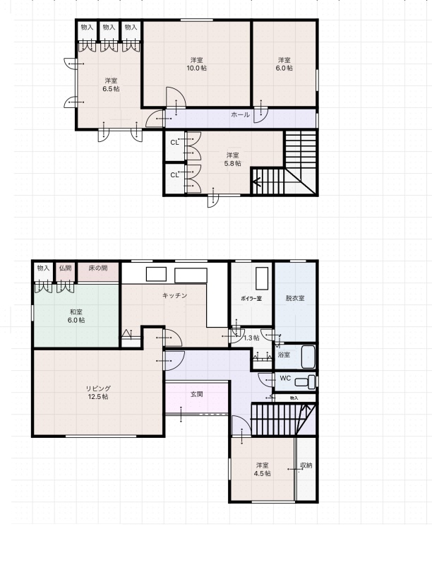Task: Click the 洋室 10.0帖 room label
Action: (196, 64)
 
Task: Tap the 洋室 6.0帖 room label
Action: (284, 64)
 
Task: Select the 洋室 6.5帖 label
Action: (111, 85)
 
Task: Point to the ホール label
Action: (240, 115)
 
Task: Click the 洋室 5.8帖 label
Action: (232, 160)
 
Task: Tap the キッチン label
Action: (174, 295)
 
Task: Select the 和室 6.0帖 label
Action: (76, 316)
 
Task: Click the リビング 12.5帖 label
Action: (98, 393)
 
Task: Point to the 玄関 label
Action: (196, 394)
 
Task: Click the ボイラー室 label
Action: (251, 298)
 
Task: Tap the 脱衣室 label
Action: (295, 298)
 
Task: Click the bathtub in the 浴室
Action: (308, 357)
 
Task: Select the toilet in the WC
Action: (305, 381)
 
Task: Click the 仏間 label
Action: (65, 268)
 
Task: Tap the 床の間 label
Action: (98, 268)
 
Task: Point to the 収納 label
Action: (306, 465)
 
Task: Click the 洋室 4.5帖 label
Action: (262, 470)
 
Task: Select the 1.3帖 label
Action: (251, 338)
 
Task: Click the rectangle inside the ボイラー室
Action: (262, 278)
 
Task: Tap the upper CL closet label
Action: (174, 143)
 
